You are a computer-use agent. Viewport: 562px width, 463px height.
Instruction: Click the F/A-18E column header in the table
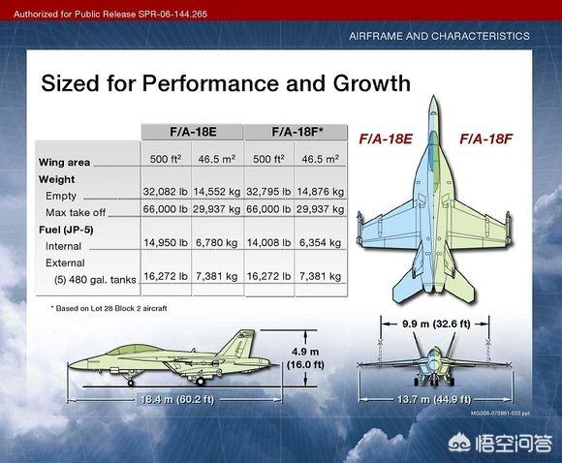click(x=193, y=132)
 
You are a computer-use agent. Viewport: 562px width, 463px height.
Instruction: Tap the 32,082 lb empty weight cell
click(x=166, y=192)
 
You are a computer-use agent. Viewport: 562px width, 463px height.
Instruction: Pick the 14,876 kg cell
click(x=320, y=192)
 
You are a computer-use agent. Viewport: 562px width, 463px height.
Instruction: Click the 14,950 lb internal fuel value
click(x=166, y=242)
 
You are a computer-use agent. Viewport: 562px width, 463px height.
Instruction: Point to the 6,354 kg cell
click(x=320, y=242)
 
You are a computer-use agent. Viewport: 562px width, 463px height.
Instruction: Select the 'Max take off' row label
click(x=76, y=212)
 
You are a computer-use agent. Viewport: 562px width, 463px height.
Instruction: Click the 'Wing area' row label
click(x=64, y=163)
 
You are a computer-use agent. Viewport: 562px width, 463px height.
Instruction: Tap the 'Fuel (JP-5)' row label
click(x=66, y=230)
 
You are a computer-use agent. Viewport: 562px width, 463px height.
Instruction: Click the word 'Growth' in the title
click(x=372, y=83)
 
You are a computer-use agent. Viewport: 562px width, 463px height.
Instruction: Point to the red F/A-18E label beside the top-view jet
click(x=386, y=139)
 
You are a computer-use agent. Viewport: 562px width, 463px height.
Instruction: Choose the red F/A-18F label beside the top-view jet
click(x=486, y=139)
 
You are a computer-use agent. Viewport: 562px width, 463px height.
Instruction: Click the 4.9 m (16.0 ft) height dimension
click(x=305, y=358)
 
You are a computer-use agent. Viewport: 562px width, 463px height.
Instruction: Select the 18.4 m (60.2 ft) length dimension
click(x=177, y=399)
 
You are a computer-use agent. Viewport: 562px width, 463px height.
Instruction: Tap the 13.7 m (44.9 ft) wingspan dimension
click(x=434, y=399)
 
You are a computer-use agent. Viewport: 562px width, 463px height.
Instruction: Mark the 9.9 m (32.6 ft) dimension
click(x=436, y=324)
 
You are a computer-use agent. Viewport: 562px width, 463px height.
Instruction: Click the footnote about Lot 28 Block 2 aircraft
click(x=109, y=308)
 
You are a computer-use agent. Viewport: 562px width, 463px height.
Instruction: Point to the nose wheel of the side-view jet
click(x=131, y=383)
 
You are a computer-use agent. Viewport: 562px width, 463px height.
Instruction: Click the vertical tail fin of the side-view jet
click(x=237, y=343)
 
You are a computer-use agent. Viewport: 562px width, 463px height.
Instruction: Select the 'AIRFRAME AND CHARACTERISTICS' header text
click(x=439, y=36)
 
